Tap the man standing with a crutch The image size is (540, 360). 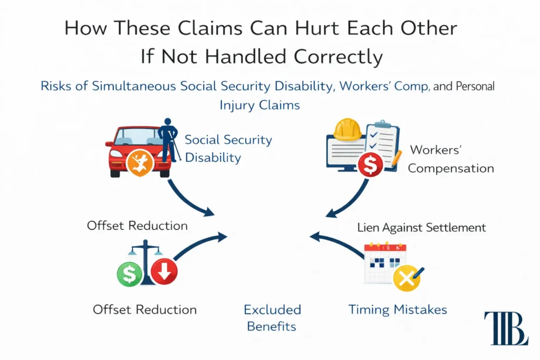click(169, 140)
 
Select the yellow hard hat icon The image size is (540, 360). click(348, 129)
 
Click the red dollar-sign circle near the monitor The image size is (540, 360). click(370, 166)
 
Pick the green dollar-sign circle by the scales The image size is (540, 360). click(130, 273)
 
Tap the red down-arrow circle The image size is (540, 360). click(164, 272)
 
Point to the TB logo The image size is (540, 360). click(505, 328)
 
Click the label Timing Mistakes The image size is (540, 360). click(397, 309)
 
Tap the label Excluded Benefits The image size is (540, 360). click(272, 317)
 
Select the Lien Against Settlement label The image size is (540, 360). click(421, 228)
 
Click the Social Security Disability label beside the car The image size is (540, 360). click(228, 148)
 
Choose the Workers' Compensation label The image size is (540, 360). click(450, 159)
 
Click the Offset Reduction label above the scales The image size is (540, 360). click(137, 226)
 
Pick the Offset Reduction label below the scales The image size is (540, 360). click(144, 309)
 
